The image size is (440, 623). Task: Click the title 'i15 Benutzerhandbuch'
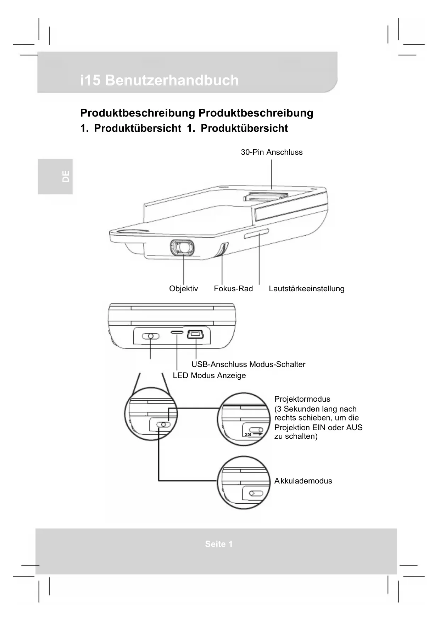click(160, 80)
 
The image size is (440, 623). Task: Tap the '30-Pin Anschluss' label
click(272, 152)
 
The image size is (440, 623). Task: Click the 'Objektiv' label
click(183, 288)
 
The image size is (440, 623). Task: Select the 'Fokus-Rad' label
click(233, 288)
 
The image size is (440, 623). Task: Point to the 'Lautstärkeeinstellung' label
click(306, 288)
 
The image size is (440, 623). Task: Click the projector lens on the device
click(182, 247)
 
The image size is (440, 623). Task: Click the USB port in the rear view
click(195, 334)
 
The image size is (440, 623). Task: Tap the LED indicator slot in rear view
click(177, 332)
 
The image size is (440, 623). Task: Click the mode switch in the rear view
click(151, 336)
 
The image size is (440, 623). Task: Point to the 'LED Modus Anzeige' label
click(209, 375)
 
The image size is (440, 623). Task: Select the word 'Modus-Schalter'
click(277, 364)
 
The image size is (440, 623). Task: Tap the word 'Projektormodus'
click(302, 399)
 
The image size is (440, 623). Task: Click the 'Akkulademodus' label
click(303, 481)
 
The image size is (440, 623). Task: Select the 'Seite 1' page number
click(219, 544)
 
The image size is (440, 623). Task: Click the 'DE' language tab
click(66, 177)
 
